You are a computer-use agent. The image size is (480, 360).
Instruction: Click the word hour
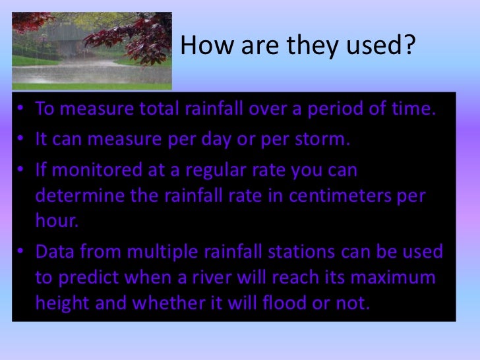[56, 222]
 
